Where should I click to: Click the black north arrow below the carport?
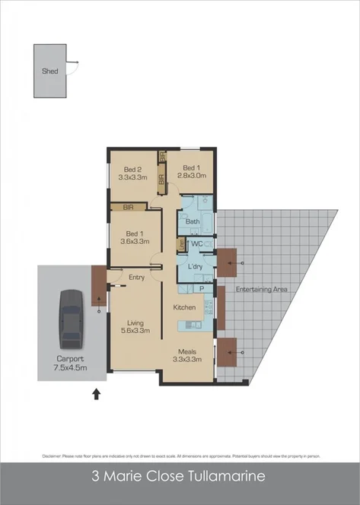pyautogui.click(x=96, y=394)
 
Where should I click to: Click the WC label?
pyautogui.click(x=196, y=243)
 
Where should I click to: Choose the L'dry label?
pyautogui.click(x=193, y=267)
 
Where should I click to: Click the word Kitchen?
pyautogui.click(x=185, y=307)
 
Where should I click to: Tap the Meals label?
pyautogui.click(x=188, y=351)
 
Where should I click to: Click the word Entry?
pyautogui.click(x=137, y=278)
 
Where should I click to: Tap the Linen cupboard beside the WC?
pyautogui.click(x=180, y=244)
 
